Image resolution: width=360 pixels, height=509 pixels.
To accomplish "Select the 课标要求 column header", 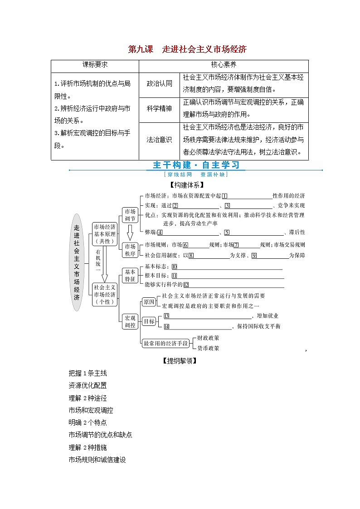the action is pos(95,65).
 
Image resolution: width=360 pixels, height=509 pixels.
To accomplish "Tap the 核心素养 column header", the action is pos(224,65).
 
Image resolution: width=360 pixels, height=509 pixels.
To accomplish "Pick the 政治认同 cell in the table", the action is pos(160,84).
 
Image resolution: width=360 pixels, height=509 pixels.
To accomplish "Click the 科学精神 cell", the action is pos(160,109).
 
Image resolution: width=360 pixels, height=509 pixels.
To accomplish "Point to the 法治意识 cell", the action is pos(160,140).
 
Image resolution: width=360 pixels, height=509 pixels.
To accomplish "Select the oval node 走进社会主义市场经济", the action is pos(77,262).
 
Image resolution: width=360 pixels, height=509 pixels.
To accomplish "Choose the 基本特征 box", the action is pos(130,276).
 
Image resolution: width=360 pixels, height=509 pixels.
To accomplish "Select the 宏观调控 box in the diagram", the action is pos(130,321).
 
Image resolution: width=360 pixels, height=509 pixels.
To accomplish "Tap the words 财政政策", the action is pos(208,338).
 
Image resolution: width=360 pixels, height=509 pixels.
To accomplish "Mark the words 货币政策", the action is pos(208,348).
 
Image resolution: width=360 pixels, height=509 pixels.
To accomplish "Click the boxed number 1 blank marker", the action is pos(224,196).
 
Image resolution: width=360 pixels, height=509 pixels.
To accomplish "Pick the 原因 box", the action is pos(149,302).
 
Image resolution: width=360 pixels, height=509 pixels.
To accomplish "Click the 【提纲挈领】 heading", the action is pos(180,361).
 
